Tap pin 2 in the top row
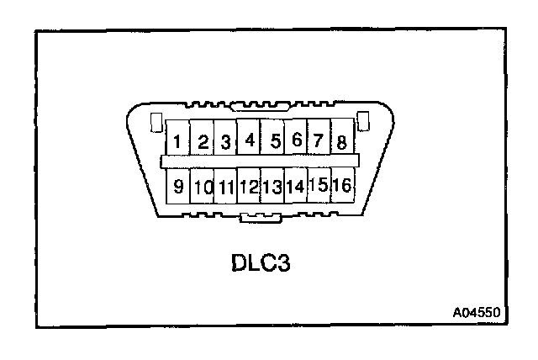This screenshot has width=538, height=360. pos(203,140)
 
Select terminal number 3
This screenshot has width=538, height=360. pos(225,140)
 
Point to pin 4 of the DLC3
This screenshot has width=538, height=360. pos(249,139)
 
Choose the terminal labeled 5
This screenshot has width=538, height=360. pos(273,139)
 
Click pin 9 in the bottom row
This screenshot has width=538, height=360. pos(178,186)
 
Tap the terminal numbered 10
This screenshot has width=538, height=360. pos(203,186)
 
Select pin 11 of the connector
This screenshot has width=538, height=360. pos(225,186)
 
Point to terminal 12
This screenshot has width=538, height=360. pos(249,185)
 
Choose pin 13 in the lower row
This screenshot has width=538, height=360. pos(272,185)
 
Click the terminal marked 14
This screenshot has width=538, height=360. pos(295,185)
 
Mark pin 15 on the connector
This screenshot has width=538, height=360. pos(318,184)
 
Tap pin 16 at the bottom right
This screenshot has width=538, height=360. pos(341,184)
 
